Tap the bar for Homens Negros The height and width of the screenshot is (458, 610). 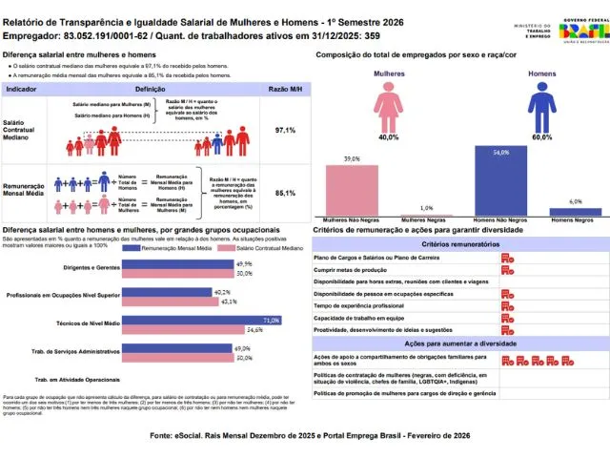click(575, 212)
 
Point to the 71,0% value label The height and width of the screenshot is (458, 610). click(270, 321)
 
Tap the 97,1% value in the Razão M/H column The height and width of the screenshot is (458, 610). click(284, 129)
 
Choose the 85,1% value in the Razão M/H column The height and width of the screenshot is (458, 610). click(284, 193)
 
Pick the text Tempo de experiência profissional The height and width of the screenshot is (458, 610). click(365, 305)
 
